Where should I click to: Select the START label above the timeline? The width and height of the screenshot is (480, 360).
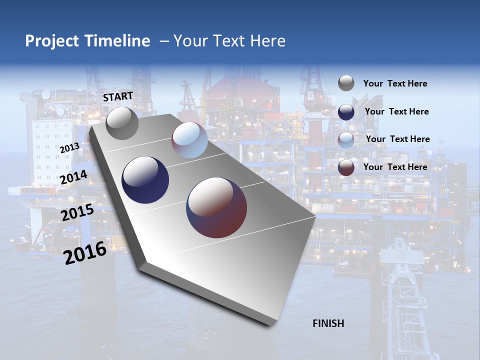point(118,96)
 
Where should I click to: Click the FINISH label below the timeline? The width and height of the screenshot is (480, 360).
point(328,323)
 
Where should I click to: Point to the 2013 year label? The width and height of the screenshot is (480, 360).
point(69,148)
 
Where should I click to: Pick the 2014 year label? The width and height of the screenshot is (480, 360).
point(74,177)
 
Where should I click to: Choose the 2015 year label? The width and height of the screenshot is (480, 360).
point(77,213)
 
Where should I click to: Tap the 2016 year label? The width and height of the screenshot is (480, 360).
point(85,253)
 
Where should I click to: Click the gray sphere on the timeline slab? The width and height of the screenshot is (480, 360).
point(122,123)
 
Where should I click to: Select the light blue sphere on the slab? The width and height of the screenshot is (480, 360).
point(189,140)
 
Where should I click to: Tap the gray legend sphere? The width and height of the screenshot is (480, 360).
point(346,83)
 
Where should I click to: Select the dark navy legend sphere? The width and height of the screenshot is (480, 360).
point(346,111)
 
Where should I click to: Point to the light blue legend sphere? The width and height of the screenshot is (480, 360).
point(346,139)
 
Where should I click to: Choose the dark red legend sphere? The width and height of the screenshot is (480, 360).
point(346,167)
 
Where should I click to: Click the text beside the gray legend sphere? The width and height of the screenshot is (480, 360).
point(395,83)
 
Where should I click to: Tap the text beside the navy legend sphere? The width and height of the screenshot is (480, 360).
point(396,111)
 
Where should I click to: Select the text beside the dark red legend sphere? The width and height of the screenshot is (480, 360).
point(395,167)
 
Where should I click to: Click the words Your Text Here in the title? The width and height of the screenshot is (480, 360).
point(229,41)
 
